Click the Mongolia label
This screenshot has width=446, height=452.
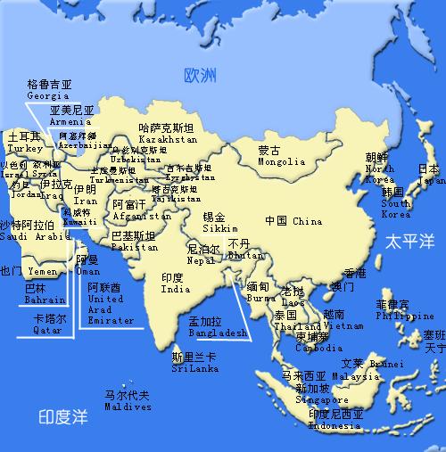(281, 162)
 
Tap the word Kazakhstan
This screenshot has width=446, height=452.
(168, 140)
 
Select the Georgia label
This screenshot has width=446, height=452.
(48, 95)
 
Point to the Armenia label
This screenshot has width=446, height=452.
(70, 121)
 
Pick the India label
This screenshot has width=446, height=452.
(176, 290)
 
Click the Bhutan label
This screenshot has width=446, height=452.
(241, 255)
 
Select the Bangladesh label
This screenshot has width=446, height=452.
(218, 333)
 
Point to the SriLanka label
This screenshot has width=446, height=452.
(194, 367)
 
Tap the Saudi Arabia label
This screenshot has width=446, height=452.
(34, 237)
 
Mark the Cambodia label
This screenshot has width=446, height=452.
(319, 349)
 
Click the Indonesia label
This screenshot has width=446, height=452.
(335, 426)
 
